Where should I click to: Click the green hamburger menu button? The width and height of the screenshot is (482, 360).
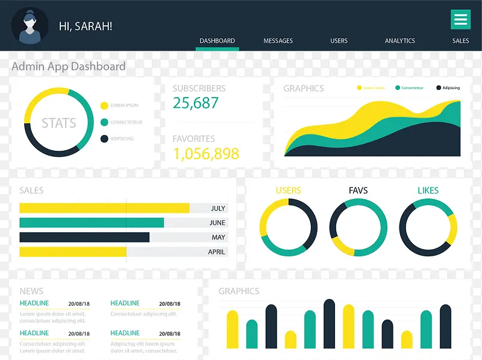pos(460,20)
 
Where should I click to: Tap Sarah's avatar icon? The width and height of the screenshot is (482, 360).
pos(30,26)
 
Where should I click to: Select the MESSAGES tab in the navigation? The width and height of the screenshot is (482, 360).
pos(278,41)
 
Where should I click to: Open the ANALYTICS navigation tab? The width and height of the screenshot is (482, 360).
pos(400,41)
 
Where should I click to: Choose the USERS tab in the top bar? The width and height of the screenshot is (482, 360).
pos(339,41)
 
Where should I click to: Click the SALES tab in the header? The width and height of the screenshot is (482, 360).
pos(460,41)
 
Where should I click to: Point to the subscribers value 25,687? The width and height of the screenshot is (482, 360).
pos(196,103)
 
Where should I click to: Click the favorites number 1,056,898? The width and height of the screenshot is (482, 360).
pos(206,154)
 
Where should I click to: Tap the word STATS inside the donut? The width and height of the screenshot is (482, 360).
pos(59,123)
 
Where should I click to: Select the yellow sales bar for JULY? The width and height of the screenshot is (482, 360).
pos(104,208)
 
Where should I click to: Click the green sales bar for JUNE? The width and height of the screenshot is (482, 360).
pos(92,223)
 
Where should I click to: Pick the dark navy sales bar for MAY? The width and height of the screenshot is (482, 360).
pos(84,237)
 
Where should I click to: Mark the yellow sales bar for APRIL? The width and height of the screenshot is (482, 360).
pos(73,251)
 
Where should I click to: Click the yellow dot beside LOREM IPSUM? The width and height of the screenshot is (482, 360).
pos(104,106)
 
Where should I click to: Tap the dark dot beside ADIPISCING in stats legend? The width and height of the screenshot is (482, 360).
pos(104,139)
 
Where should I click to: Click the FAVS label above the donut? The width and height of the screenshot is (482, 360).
pos(358,191)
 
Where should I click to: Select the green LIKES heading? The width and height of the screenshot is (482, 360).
pos(428,191)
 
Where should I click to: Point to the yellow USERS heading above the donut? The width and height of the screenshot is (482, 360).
pos(288,191)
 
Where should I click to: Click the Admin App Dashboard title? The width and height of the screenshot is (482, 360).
pos(69,67)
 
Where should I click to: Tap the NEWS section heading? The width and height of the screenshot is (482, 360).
pos(31,291)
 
